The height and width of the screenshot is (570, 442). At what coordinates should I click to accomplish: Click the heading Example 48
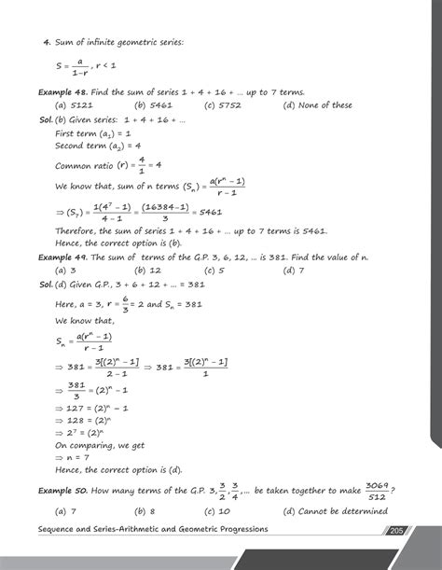(x=61, y=92)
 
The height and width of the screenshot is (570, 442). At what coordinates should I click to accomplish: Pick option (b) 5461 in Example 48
(x=151, y=105)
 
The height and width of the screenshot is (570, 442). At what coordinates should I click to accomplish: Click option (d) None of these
(x=318, y=105)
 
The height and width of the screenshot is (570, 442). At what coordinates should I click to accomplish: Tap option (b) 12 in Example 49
(x=145, y=271)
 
